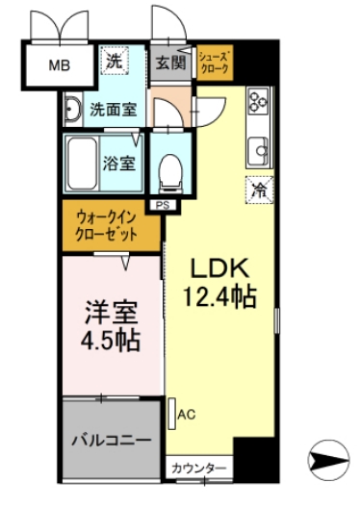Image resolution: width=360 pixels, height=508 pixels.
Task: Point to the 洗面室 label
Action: pos(114,109)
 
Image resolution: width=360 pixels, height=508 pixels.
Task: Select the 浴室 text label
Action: pos(126,161)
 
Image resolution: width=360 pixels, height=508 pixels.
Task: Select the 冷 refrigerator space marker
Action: pos(259,190)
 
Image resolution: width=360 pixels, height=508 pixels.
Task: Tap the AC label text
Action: pos(187,415)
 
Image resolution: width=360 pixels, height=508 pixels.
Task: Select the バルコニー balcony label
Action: pos(112,440)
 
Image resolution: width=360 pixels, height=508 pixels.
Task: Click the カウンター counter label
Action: pos(198,469)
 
